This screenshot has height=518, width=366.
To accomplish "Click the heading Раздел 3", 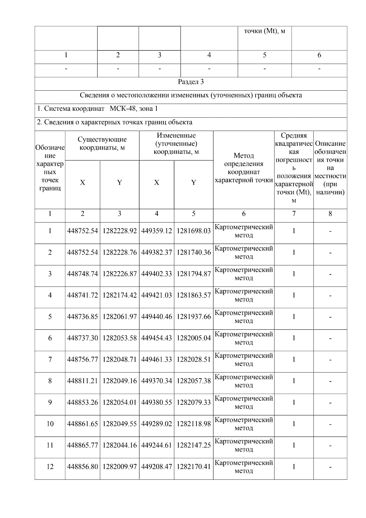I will (x=191, y=82).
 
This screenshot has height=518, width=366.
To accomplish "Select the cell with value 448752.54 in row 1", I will (x=82, y=231).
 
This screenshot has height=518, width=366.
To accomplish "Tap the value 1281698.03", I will (x=193, y=231).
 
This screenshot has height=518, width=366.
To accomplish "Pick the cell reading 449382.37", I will (x=156, y=252).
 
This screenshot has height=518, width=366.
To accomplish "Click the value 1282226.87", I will (x=120, y=274).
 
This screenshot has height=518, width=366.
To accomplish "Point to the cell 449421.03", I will (x=156, y=295).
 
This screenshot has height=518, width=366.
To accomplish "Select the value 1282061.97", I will (x=120, y=317).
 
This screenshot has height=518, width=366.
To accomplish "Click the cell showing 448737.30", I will (x=82, y=338).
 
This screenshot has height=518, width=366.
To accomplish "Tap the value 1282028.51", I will (x=193, y=360).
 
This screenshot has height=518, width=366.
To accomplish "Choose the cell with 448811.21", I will (x=82, y=381).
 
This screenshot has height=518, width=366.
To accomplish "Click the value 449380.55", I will (x=156, y=402).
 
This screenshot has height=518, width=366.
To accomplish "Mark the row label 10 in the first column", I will (x=50, y=424).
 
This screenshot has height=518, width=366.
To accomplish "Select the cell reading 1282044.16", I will (x=120, y=445).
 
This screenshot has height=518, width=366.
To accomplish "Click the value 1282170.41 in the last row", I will (x=193, y=467).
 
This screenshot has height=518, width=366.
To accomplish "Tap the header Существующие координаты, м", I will (x=102, y=144).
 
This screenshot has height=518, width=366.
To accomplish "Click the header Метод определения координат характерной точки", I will (x=243, y=168).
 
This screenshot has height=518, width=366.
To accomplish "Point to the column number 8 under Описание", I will (x=330, y=214).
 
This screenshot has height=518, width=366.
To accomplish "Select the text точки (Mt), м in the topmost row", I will (x=264, y=31).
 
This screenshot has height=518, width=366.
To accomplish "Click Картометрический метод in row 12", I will (x=243, y=467).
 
